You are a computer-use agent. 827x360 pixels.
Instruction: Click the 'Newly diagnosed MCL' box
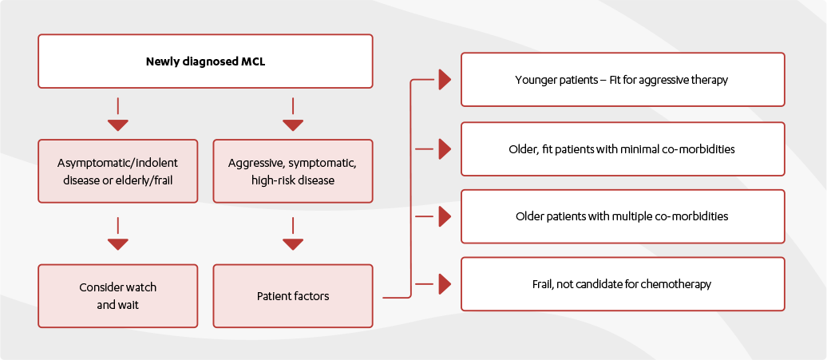point(205,61)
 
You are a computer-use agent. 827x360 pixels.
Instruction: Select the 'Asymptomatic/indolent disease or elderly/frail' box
point(117,172)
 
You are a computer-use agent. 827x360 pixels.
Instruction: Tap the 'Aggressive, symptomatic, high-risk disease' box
point(292,172)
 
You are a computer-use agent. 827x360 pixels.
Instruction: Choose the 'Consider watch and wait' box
point(117,295)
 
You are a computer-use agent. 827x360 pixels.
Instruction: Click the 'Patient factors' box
point(292,295)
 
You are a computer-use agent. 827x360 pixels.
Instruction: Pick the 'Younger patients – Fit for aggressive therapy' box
point(623,80)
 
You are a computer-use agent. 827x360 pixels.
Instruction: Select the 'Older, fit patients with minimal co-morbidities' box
point(623,148)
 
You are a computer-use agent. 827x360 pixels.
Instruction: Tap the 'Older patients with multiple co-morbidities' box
point(623,216)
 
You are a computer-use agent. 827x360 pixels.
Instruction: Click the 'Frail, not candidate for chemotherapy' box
point(623,284)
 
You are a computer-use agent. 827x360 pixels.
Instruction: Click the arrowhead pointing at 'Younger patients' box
point(445,80)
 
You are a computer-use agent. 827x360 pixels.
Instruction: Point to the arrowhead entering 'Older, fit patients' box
point(445,148)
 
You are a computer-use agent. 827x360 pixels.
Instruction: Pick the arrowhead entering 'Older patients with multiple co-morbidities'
point(445,216)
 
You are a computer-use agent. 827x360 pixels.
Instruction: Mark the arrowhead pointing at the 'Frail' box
point(445,284)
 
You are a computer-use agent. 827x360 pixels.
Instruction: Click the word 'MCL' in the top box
point(253,61)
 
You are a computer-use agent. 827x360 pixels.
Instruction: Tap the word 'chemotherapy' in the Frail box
point(679,284)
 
